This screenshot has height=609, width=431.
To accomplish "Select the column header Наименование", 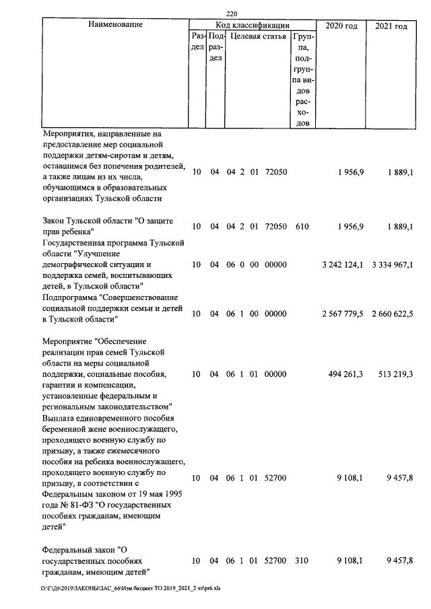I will pos(115,25).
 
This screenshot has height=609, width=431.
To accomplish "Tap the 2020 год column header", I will pos(341,26).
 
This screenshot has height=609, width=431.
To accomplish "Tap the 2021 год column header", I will pos(391,26).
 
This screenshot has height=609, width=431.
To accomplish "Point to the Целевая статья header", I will pos(258,36).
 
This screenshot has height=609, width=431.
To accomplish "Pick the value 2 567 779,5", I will pos(343,313).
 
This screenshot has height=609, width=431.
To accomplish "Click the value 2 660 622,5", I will pos(392,313).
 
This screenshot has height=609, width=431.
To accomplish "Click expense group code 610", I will pos(302,227).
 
